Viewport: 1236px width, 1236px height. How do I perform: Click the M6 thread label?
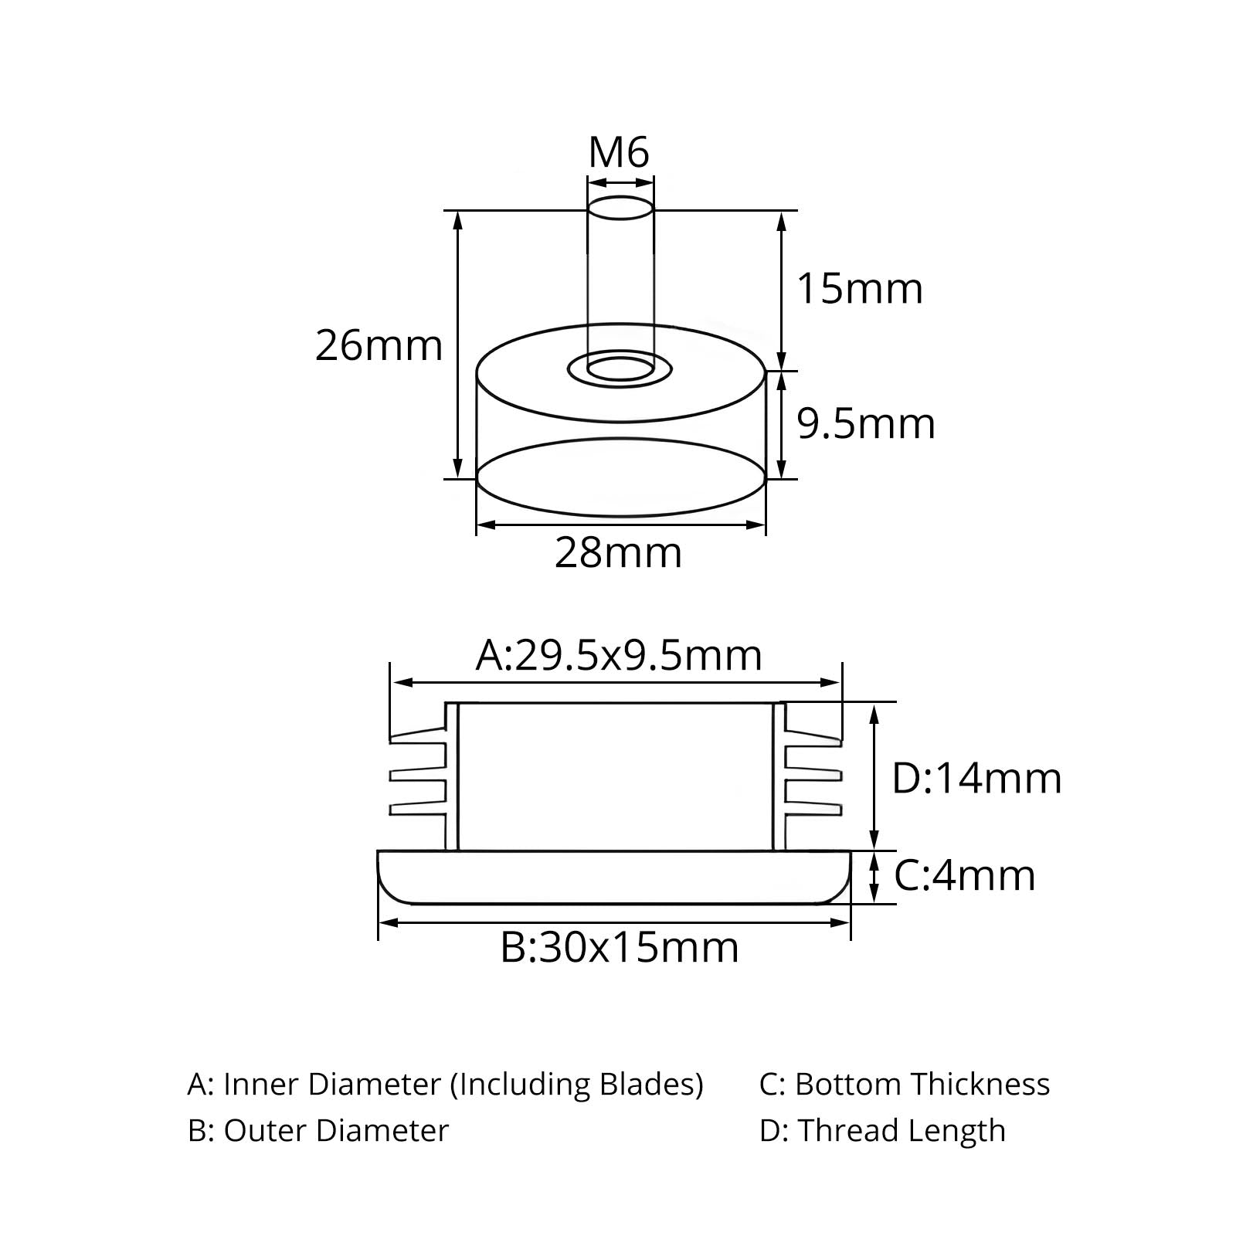point(619,152)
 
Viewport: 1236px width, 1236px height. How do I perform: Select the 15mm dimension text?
point(860,289)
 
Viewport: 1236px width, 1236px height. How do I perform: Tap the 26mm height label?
point(379,345)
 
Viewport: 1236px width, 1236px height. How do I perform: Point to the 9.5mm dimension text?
point(866,424)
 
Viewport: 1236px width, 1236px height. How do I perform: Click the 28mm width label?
point(619,553)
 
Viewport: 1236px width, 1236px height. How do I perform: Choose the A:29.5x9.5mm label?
point(619,656)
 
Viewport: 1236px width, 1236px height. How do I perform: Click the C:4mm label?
point(965,876)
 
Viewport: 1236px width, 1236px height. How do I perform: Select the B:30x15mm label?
point(620,947)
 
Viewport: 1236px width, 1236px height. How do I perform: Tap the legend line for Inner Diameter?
point(445,1085)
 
